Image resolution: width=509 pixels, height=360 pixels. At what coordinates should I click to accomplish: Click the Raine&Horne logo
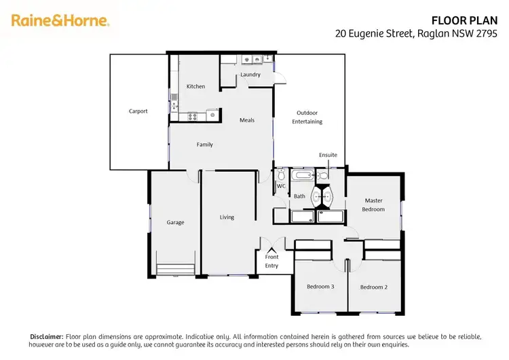coord(60,20)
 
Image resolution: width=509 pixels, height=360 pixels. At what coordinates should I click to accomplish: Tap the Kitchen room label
coord(195,86)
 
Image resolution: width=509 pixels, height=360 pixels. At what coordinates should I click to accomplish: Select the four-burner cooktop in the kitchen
coord(193,116)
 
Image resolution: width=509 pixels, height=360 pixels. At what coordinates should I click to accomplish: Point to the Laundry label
coord(250,75)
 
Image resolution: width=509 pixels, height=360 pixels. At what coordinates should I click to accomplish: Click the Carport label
coord(138,111)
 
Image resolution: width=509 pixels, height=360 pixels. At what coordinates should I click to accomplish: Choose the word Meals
coord(247,120)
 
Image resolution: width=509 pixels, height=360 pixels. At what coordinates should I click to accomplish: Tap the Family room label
coord(204,145)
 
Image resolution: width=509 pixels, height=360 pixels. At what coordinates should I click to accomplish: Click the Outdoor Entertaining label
coord(307,117)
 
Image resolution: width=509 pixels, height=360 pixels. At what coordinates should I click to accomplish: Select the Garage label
coord(175,222)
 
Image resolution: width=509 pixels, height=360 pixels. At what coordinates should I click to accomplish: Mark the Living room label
coord(227,217)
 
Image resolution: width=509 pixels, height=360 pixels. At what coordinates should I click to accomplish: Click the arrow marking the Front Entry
coord(271,250)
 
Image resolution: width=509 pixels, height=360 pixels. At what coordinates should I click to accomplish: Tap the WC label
coord(280,185)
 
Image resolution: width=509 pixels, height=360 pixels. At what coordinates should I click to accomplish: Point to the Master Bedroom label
coord(373,204)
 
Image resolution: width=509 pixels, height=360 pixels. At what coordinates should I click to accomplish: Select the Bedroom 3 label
coord(320,287)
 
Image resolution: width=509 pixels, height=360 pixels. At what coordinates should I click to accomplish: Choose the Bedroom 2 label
coord(373,287)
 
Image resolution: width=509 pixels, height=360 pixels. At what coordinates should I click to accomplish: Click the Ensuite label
coord(328,155)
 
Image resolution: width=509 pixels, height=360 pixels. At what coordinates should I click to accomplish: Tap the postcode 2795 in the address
coord(487,33)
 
